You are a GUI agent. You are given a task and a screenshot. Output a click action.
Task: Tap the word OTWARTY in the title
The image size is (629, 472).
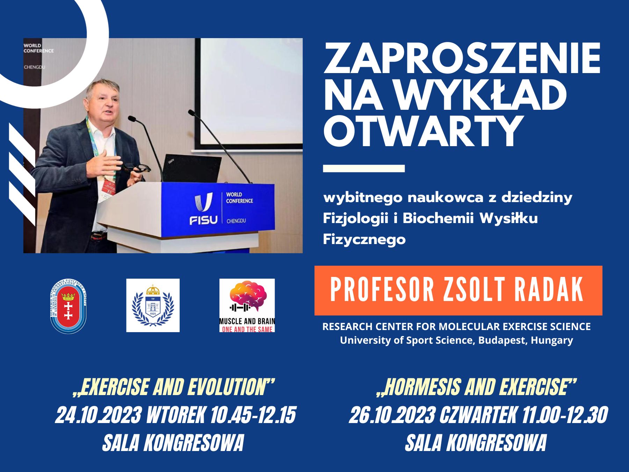[x=422, y=131]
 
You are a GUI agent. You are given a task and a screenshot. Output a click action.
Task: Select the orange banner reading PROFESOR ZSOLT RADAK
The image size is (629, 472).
[x=458, y=291]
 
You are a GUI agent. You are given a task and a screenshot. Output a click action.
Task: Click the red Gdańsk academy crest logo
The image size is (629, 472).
[x=68, y=306]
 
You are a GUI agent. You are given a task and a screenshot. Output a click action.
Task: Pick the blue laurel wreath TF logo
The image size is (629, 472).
[x=153, y=305]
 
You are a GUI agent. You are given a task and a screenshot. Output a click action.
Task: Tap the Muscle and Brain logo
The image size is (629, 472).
[x=247, y=305]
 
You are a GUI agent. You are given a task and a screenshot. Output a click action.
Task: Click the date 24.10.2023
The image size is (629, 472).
[x=99, y=415]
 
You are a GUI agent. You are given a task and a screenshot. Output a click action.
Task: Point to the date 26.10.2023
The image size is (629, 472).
[x=392, y=415]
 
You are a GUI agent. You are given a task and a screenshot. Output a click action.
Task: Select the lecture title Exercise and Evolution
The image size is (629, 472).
[x=173, y=387]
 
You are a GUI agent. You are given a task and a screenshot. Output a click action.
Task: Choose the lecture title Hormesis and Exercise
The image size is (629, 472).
[x=476, y=387]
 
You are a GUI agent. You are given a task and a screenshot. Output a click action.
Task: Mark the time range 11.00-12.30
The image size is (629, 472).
[x=565, y=415]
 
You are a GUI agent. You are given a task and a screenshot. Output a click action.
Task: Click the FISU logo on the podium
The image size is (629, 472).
[x=203, y=209]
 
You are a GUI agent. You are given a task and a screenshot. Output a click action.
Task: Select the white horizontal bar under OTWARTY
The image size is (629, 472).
[x=364, y=169]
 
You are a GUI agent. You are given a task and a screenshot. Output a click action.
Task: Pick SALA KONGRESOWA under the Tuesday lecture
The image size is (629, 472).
[x=173, y=443]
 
